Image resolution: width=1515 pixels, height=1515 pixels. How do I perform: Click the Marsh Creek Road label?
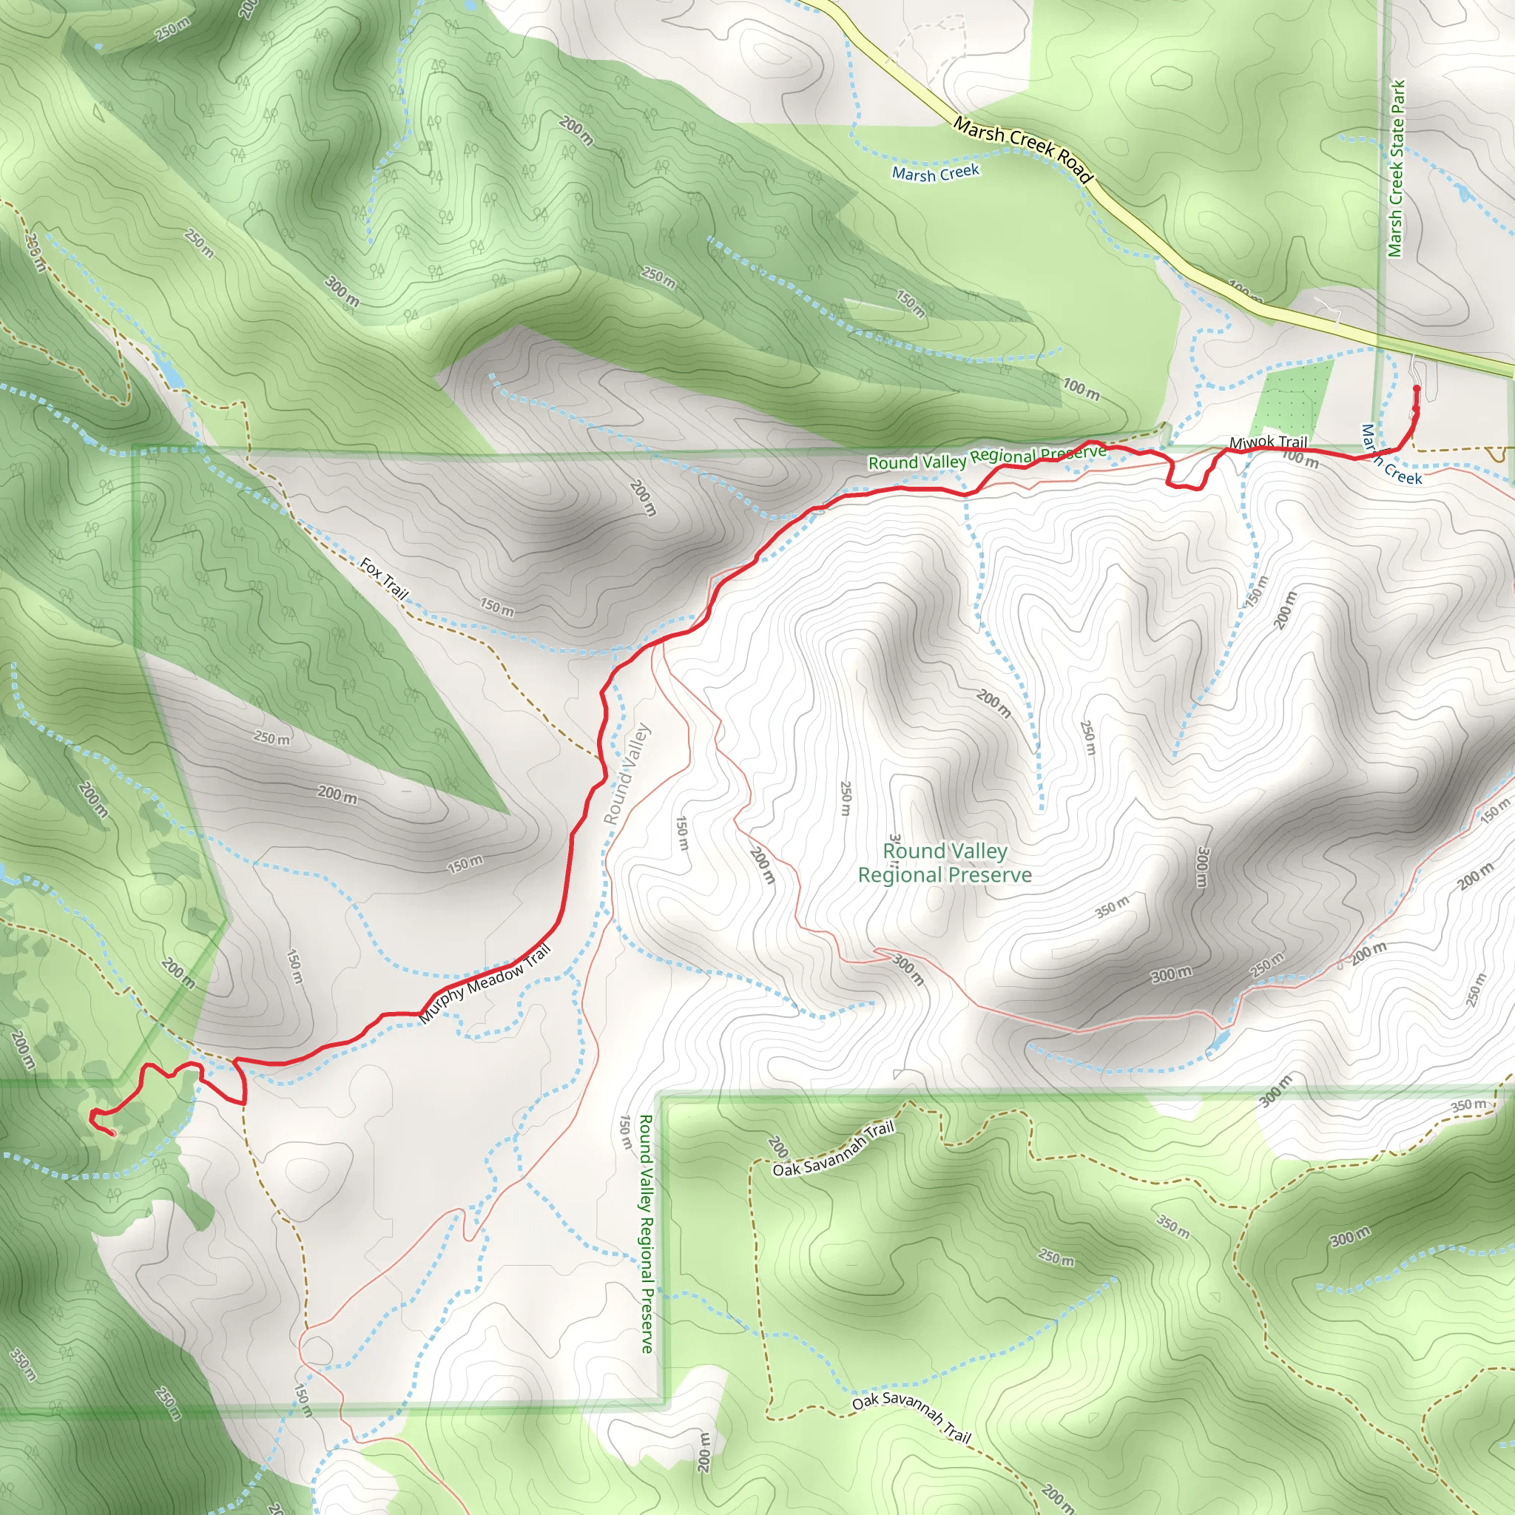point(1022,149)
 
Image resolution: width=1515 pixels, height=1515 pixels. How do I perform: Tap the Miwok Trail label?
point(1268,442)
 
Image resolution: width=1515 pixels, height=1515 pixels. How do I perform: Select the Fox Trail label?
point(384,578)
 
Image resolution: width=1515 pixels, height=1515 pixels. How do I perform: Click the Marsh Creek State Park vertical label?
point(1396,169)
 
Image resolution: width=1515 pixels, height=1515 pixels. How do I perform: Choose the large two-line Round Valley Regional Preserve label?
point(945,863)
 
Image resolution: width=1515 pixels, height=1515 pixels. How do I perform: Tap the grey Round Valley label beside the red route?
point(627,773)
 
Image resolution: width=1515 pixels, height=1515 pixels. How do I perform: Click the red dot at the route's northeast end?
point(1416,389)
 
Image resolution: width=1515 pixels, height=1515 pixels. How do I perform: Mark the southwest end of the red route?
point(112,1133)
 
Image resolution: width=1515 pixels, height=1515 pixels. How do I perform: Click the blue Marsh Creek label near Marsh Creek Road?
point(936,172)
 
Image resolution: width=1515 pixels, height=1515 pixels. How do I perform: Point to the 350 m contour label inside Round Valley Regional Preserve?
point(1112,906)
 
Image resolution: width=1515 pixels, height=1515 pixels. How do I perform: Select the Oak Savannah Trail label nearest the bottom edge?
point(911,1415)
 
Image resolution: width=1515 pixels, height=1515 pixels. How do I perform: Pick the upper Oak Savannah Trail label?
point(834,1150)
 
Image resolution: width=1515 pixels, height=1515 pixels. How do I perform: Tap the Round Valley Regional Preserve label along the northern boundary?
point(988,457)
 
